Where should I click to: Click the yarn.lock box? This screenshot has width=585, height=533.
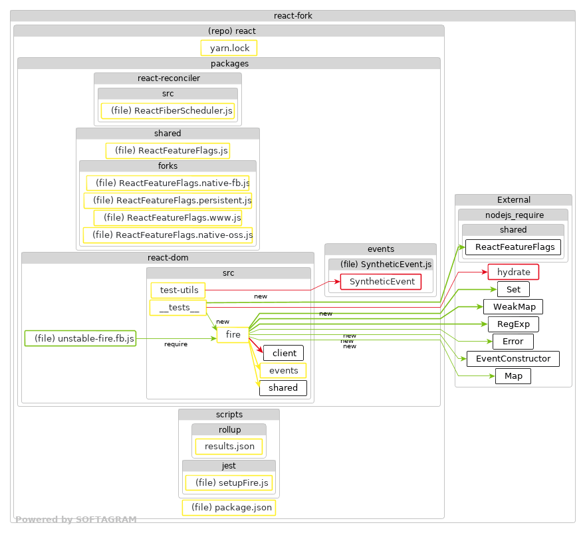click(229, 48)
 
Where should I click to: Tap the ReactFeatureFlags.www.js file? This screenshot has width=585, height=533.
click(168, 217)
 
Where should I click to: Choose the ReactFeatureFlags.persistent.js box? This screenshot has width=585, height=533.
click(168, 200)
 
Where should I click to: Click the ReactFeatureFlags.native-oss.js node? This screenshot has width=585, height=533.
click(168, 235)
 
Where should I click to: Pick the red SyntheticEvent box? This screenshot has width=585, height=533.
click(381, 282)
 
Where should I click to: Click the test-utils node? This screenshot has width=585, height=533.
click(177, 290)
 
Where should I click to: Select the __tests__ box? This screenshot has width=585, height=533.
click(177, 307)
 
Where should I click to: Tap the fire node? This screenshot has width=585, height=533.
click(233, 335)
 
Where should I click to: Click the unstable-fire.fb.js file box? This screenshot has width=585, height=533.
click(80, 338)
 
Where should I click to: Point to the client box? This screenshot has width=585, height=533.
click(284, 353)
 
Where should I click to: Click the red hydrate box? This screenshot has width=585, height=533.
click(513, 272)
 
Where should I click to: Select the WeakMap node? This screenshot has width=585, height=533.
click(513, 306)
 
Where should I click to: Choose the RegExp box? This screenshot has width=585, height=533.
click(513, 324)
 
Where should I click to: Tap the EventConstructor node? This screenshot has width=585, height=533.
click(513, 359)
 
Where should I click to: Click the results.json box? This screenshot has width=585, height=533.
click(229, 446)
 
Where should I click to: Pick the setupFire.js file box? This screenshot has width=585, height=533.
click(229, 482)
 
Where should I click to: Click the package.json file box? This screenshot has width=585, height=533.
click(229, 508)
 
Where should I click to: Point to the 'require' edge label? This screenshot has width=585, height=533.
click(175, 344)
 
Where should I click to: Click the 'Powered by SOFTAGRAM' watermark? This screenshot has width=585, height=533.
click(76, 520)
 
